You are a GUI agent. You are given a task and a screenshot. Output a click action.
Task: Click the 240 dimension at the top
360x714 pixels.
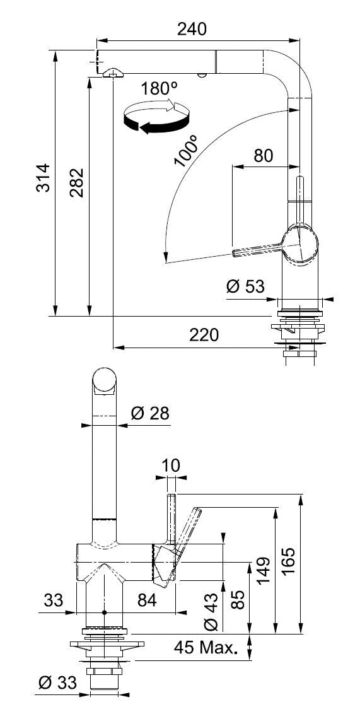coord(192,29)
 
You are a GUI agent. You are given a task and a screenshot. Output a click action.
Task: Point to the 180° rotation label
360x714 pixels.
coord(155,89)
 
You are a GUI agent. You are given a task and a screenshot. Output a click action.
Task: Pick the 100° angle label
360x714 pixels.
coord(186,150)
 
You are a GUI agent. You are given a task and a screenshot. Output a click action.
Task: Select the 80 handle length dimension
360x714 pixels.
coord(263,155)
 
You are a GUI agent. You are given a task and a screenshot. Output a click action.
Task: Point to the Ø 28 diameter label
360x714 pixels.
coord(149,414)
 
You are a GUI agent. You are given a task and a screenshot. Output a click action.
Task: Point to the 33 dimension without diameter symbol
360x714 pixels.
coord(54,600)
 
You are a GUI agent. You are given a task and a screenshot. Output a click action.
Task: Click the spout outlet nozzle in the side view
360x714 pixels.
coord(111,74)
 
